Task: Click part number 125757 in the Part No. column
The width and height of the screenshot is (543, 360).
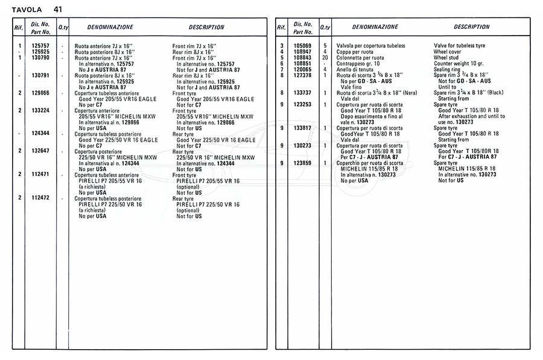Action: click(40, 46)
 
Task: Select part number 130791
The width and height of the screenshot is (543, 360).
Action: click(40, 75)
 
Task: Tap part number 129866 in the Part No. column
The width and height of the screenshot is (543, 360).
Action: click(40, 93)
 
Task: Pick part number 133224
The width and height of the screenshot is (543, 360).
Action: click(40, 110)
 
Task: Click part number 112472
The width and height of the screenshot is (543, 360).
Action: click(40, 198)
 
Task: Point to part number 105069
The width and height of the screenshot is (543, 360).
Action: click(303, 46)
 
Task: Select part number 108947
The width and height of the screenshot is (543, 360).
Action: click(303, 52)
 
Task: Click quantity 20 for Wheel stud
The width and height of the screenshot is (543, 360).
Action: click(325, 57)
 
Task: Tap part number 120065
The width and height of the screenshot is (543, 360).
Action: click(303, 69)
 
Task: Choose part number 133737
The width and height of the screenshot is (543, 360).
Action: click(303, 93)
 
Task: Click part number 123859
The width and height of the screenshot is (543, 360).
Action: click(303, 163)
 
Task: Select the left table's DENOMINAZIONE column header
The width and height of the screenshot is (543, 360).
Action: click(110, 27)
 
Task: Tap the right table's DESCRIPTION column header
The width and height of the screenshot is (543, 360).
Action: click(472, 27)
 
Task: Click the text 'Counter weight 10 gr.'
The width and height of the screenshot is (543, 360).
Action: click(459, 63)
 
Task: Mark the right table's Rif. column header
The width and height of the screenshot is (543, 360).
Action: click(282, 28)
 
